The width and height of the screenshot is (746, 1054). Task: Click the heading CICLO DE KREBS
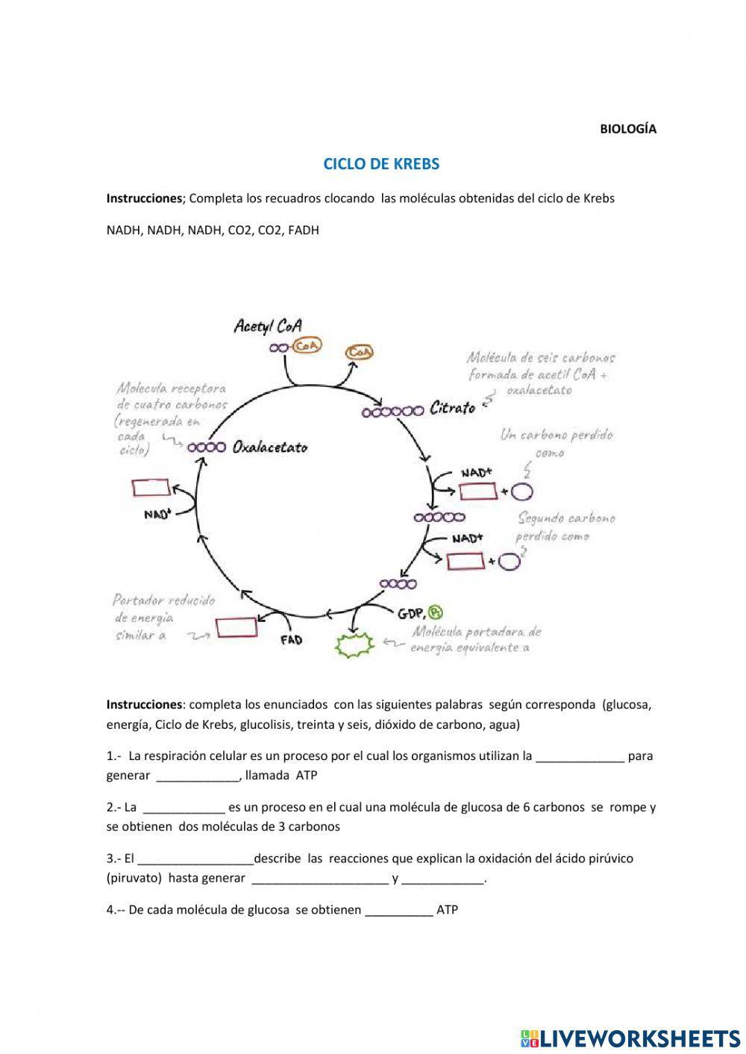coord(381,163)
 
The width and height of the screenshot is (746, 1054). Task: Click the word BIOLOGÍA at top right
coord(628,128)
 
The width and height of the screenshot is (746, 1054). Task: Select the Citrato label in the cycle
coord(452,408)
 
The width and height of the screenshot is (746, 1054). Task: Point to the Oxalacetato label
coord(269,448)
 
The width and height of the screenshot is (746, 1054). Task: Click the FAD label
coord(291,639)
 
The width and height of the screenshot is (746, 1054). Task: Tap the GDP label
coord(411,613)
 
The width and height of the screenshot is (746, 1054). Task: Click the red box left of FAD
coord(236,627)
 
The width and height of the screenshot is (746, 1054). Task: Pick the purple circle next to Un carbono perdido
coord(521,491)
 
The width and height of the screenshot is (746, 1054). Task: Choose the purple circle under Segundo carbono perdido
coord(509,561)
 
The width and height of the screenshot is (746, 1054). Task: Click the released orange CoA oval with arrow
coord(360,351)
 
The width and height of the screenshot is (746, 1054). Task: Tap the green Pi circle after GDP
coord(436,612)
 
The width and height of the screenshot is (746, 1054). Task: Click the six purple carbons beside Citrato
coord(392,411)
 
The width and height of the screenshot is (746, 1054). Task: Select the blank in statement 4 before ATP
coord(399,911)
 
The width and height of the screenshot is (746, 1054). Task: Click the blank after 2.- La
coord(184,808)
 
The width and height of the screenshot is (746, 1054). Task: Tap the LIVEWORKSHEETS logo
coord(630,1038)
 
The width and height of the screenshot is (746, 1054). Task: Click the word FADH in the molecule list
coord(304,230)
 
